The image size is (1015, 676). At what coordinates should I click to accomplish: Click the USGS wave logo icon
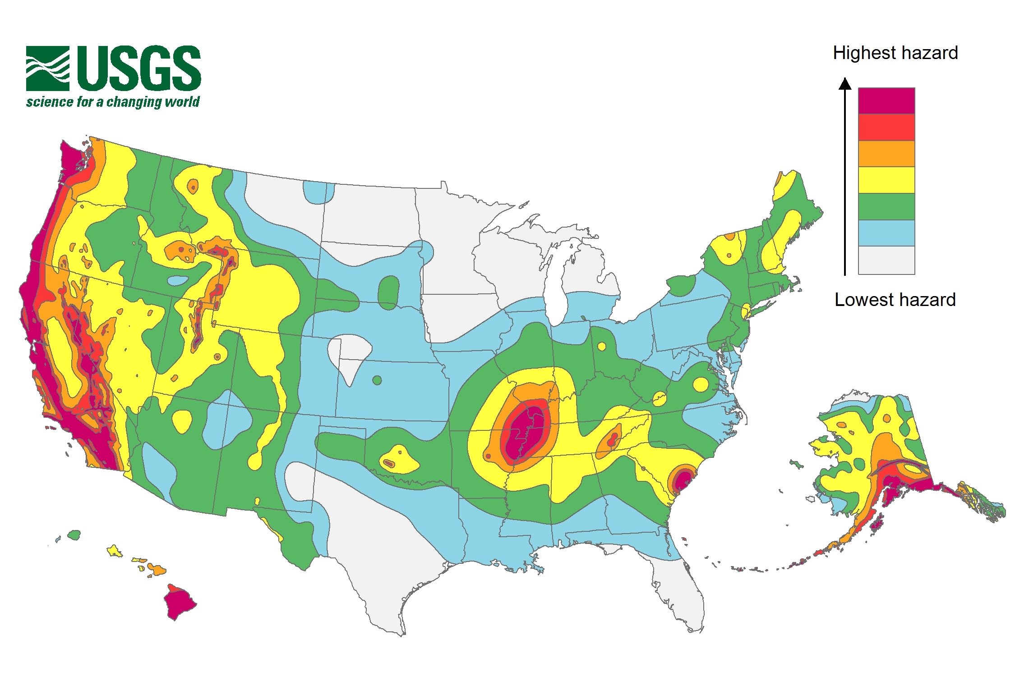click(48, 68)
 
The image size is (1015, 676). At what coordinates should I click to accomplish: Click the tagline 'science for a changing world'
click(113, 102)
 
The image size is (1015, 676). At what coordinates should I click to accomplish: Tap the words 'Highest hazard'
click(895, 53)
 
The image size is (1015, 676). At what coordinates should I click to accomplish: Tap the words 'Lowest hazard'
click(895, 300)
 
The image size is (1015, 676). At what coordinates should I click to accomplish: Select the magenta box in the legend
click(886, 101)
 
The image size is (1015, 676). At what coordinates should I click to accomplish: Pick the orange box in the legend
click(886, 154)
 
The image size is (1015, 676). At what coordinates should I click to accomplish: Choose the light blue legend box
click(886, 233)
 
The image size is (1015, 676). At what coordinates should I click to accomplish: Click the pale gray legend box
click(886, 260)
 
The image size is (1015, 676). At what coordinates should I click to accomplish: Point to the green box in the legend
click(886, 206)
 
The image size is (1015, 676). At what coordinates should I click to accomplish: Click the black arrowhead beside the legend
click(845, 84)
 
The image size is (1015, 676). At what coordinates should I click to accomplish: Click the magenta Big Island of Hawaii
click(180, 603)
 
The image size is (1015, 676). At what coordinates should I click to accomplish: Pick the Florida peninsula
click(681, 590)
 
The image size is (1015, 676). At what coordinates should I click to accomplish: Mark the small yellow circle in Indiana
click(601, 347)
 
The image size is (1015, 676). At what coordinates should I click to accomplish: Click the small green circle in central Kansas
click(377, 380)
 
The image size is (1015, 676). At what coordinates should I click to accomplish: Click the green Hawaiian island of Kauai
click(74, 535)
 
